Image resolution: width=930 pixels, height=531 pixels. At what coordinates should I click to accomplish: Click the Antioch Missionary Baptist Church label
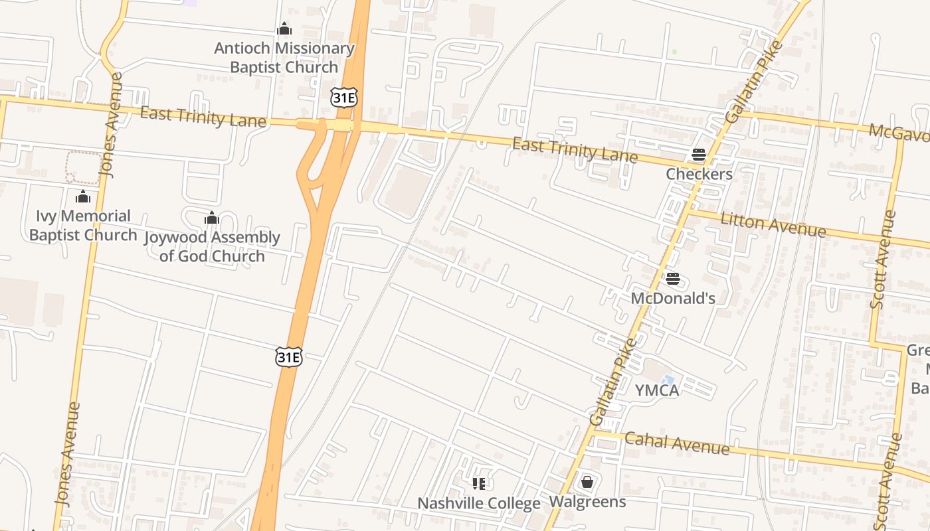284,58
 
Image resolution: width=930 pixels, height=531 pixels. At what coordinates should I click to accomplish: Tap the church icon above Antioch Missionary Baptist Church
284,29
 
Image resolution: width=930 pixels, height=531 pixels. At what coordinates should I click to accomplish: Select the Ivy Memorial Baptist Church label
83,226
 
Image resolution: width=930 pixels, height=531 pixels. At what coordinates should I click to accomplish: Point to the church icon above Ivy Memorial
83,196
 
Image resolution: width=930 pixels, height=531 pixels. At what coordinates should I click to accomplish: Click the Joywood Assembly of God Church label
212,246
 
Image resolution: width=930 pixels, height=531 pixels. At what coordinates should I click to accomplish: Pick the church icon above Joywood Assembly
212,218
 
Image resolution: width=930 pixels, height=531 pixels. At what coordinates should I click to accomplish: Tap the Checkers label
699,174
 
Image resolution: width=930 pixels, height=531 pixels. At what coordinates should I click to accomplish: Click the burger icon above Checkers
698,155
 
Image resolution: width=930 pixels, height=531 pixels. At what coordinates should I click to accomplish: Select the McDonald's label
673,298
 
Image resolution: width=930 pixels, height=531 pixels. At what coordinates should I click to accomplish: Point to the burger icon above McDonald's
673,279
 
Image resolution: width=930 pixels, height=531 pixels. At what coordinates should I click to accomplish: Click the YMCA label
657,390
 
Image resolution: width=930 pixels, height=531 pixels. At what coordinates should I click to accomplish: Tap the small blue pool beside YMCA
668,380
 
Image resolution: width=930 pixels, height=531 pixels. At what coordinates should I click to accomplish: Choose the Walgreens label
587,502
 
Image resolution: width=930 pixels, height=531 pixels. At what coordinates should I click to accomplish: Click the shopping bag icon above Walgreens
587,482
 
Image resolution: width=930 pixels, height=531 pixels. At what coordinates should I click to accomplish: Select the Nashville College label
478,503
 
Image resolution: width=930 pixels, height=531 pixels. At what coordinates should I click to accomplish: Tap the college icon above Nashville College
478,484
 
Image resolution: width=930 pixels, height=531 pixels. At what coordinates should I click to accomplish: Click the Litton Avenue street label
773,224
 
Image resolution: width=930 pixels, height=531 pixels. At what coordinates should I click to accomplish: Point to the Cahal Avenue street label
677,443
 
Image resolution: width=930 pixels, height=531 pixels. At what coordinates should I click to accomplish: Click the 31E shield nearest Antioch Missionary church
343,98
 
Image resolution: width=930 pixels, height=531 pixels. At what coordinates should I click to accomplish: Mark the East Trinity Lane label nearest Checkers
575,151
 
